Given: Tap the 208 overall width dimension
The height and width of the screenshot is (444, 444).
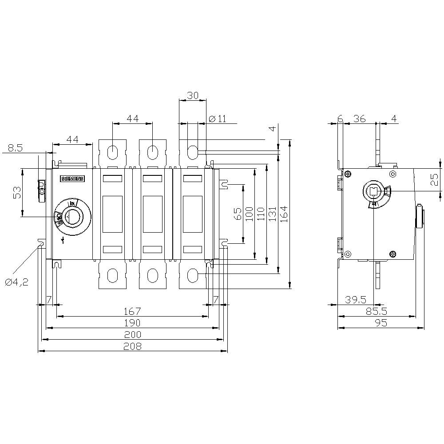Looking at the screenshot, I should tap(132, 346).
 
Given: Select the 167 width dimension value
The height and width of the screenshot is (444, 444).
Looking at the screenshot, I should tap(132, 311).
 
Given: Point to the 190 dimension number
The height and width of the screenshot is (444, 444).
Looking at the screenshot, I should tap(132, 322).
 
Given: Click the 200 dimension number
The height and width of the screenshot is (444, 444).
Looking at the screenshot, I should tap(132, 334).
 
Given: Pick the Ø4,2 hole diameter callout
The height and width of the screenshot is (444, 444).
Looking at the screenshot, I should tap(17, 282).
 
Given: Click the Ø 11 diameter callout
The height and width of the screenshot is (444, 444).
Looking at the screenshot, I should tap(217, 119).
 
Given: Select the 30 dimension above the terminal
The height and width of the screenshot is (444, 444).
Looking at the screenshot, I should tap(193, 95).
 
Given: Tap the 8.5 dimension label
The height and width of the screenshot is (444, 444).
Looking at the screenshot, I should tap(16, 148).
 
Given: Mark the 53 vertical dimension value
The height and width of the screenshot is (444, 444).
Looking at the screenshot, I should tap(17, 193).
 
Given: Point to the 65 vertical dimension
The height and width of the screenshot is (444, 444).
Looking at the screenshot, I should tap(238, 214).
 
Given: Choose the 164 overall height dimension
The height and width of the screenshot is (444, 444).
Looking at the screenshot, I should tap(284, 214).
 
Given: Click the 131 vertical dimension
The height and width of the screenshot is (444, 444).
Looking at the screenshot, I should tap(273, 214).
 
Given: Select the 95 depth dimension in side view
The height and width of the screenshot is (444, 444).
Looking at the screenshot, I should tap(381, 323).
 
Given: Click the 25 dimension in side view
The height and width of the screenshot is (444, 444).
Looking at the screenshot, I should tap(435, 180).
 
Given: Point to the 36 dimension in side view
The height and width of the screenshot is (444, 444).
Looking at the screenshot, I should tap(359, 119).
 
